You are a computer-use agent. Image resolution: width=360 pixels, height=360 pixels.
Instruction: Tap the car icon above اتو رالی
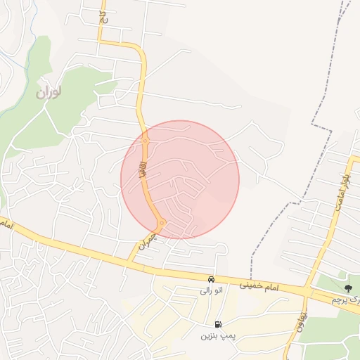[211, 279]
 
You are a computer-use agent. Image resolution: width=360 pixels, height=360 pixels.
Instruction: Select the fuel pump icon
[217, 324]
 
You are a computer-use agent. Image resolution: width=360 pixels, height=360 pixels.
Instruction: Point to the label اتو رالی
[211, 290]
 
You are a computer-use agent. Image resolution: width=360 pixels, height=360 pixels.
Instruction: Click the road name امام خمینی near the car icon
[259, 287]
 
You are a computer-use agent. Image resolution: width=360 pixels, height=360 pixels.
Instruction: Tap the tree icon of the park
[348, 287]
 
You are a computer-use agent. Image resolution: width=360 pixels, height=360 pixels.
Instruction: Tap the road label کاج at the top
[103, 15]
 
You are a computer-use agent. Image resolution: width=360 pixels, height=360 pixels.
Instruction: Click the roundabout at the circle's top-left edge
[145, 141]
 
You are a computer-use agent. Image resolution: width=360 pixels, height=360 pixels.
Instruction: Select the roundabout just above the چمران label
[162, 224]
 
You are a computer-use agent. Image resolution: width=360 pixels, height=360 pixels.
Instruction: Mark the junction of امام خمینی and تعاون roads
[307, 290]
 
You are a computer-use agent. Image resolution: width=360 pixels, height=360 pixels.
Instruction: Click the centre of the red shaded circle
[180, 179]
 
